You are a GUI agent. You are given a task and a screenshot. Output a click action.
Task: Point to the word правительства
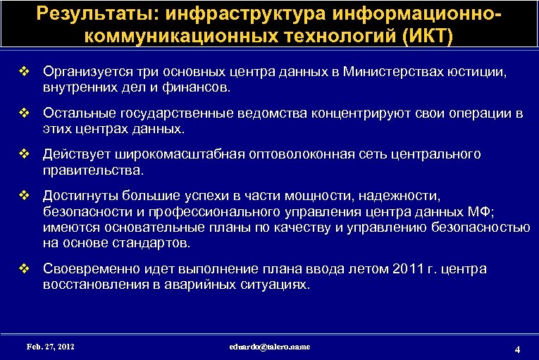[x=92, y=170]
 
